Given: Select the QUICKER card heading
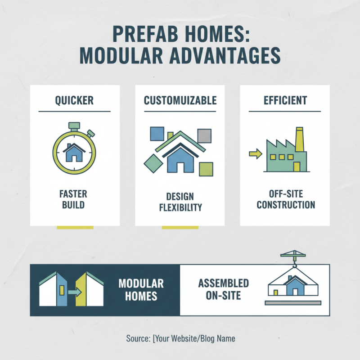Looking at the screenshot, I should pos(74,100).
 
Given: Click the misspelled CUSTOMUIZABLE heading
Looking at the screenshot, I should pos(180,100).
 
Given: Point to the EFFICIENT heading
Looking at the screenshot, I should pos(285,100).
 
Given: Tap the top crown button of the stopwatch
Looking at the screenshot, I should pos(74,125).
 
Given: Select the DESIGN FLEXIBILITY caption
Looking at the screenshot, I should pos(180,202).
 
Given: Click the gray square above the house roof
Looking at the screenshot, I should pos(204,135).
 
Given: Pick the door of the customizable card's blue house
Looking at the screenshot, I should pos(180,167).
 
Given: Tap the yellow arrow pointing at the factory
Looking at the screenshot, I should pos(256,154).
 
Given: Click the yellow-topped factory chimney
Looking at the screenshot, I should pos(299,139).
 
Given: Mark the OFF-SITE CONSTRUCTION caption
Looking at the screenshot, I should pos(285,199).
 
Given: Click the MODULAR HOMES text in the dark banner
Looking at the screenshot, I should pos(141,289).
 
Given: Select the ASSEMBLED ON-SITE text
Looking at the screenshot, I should pos(224,289).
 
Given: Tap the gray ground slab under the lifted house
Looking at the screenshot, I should pos(293,303).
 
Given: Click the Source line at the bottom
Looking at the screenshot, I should pos(180,338).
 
